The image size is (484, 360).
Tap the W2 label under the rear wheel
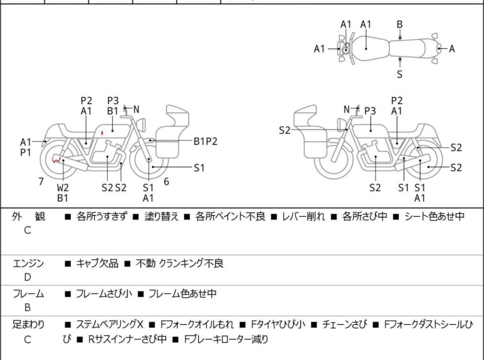click(x=63, y=187)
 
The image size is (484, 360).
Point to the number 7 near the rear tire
click(x=41, y=182)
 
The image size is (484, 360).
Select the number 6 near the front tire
click(x=166, y=182)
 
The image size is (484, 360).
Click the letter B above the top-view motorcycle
click(x=399, y=24)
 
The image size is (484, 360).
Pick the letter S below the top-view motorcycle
click(x=399, y=74)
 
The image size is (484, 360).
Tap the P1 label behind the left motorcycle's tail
click(x=26, y=153)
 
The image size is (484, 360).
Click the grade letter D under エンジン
click(x=28, y=277)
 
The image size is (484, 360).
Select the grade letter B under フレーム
click(x=28, y=307)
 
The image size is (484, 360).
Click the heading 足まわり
click(x=29, y=325)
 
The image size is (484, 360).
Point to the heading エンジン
click(x=29, y=263)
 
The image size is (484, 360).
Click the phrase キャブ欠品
click(x=96, y=263)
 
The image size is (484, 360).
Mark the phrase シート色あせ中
click(x=433, y=217)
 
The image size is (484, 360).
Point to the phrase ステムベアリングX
click(x=112, y=325)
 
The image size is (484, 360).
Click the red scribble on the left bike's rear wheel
click(x=58, y=160)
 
